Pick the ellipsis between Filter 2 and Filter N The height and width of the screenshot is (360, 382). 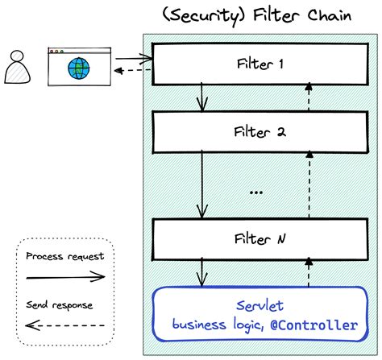256,192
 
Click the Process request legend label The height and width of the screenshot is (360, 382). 64,257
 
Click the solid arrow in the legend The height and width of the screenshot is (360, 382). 64,276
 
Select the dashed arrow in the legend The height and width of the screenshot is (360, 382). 64,326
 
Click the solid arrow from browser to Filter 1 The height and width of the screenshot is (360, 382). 133,58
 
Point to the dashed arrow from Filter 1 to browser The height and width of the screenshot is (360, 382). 133,71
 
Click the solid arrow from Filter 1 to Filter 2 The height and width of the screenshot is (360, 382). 203,98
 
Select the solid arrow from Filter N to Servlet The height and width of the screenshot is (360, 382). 203,274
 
